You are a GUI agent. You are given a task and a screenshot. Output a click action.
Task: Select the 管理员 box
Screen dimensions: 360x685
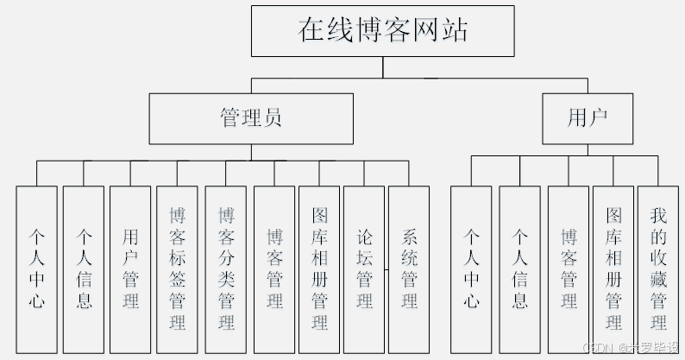point(250,118)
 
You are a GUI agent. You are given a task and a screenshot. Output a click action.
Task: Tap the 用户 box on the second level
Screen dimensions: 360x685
point(588,118)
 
